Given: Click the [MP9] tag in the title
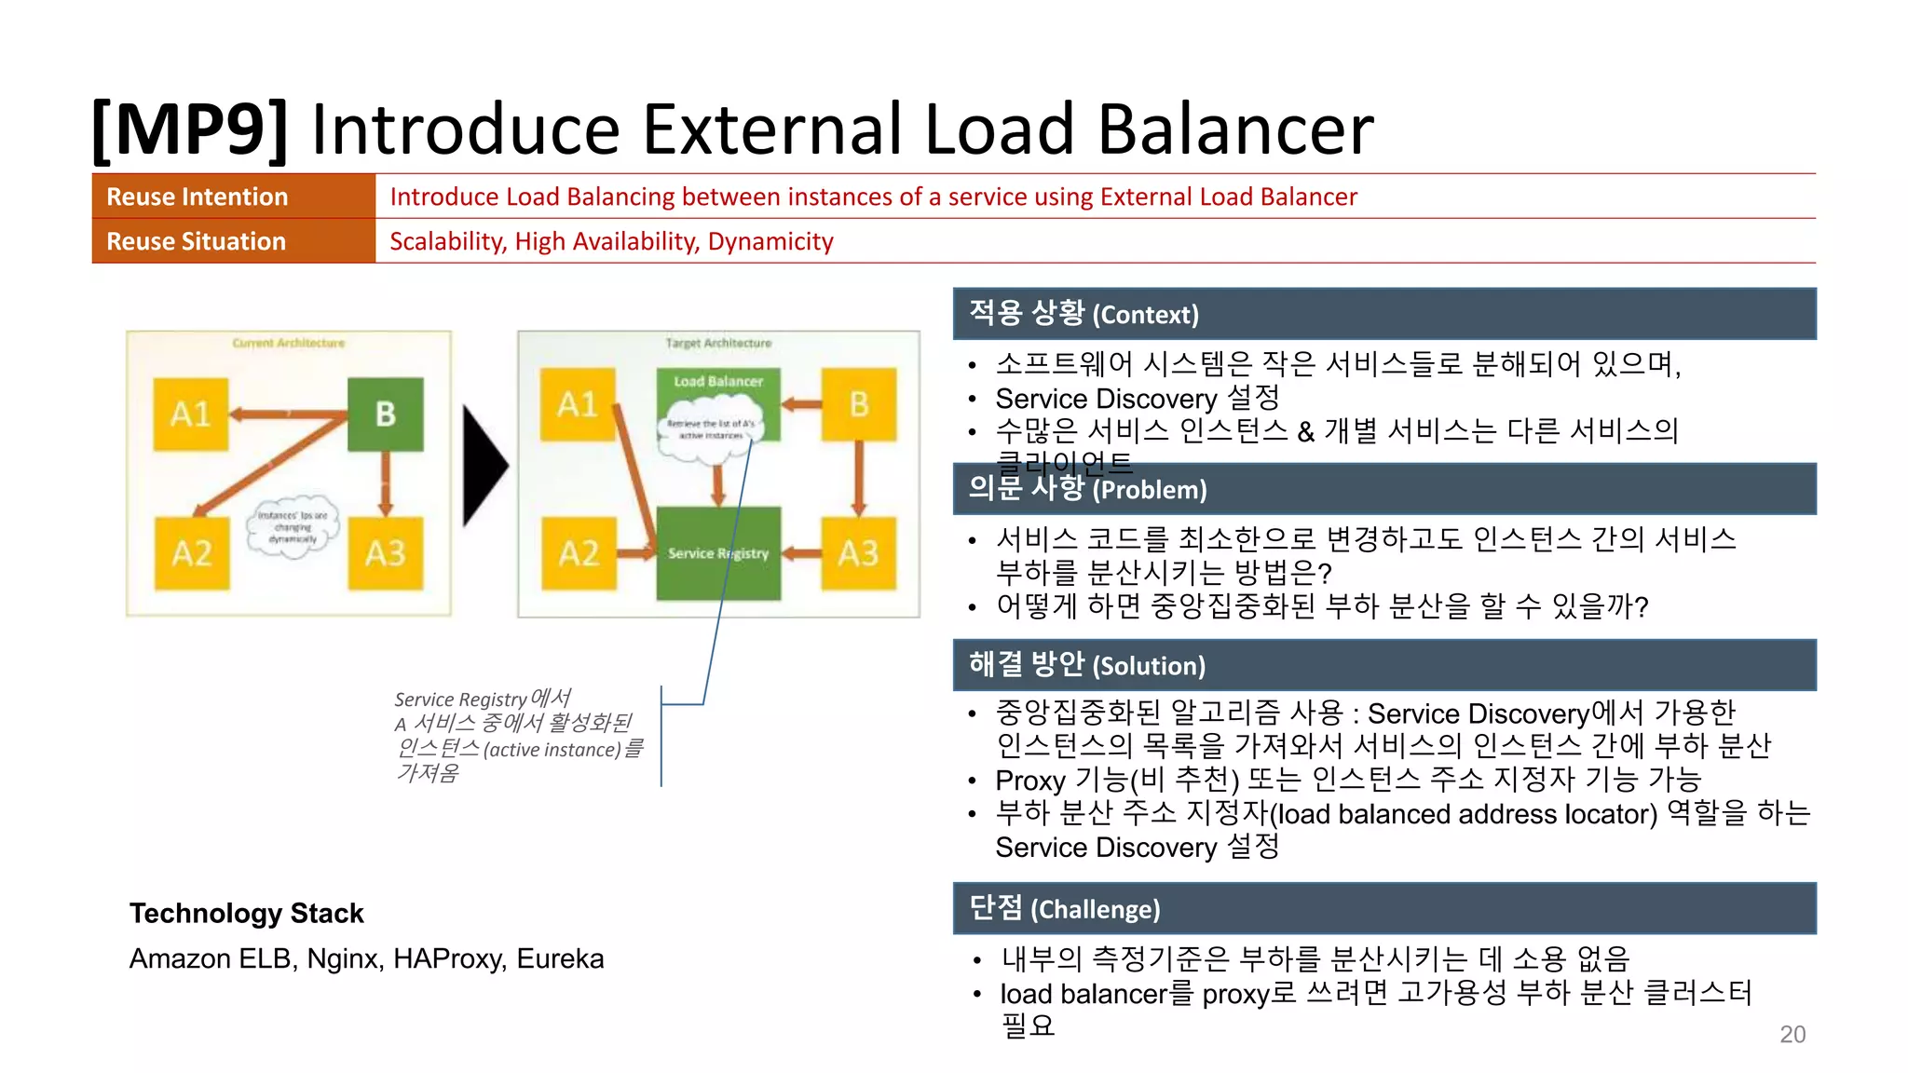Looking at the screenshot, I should click(x=190, y=129).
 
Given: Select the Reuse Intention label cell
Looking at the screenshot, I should click(x=233, y=197).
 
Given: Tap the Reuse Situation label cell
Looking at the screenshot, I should click(x=233, y=241).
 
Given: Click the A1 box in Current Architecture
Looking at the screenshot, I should click(x=191, y=414).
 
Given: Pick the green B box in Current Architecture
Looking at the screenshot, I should click(x=386, y=414).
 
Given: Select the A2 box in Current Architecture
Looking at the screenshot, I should click(x=192, y=553).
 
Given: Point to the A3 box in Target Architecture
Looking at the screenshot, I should click(x=858, y=553).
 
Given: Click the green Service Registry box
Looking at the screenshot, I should click(x=718, y=553).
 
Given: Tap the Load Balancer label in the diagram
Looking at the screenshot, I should click(x=718, y=382).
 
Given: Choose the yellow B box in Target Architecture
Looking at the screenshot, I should click(x=858, y=404).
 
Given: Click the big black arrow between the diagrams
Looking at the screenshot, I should click(x=484, y=464).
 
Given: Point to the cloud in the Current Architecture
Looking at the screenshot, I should click(x=293, y=527).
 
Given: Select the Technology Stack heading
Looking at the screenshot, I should click(x=246, y=913).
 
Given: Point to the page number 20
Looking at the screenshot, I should click(x=1792, y=1034).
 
